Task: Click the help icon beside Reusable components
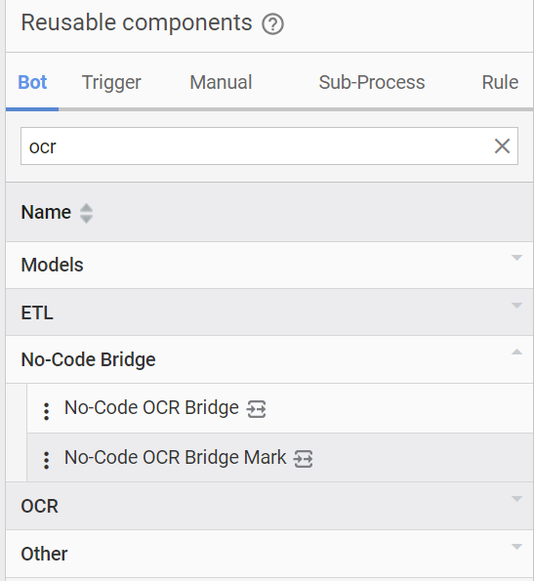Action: click(273, 24)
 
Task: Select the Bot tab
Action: click(32, 82)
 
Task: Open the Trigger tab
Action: click(111, 83)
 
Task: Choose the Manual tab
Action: click(221, 82)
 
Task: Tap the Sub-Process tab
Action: click(372, 82)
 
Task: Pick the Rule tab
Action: click(500, 82)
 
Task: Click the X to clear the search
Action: click(502, 146)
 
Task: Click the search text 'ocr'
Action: click(43, 147)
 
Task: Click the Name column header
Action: click(46, 212)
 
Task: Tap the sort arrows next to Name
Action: click(86, 213)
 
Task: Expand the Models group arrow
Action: click(516, 258)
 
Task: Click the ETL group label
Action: click(37, 313)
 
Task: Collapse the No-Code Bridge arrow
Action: click(516, 352)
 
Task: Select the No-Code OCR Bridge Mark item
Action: click(175, 457)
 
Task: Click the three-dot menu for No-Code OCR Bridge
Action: click(46, 411)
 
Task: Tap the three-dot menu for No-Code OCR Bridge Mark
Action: click(46, 460)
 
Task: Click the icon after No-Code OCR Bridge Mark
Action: click(303, 459)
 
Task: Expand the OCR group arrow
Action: click(516, 499)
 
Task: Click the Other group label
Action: click(44, 555)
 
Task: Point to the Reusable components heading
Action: click(137, 23)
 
